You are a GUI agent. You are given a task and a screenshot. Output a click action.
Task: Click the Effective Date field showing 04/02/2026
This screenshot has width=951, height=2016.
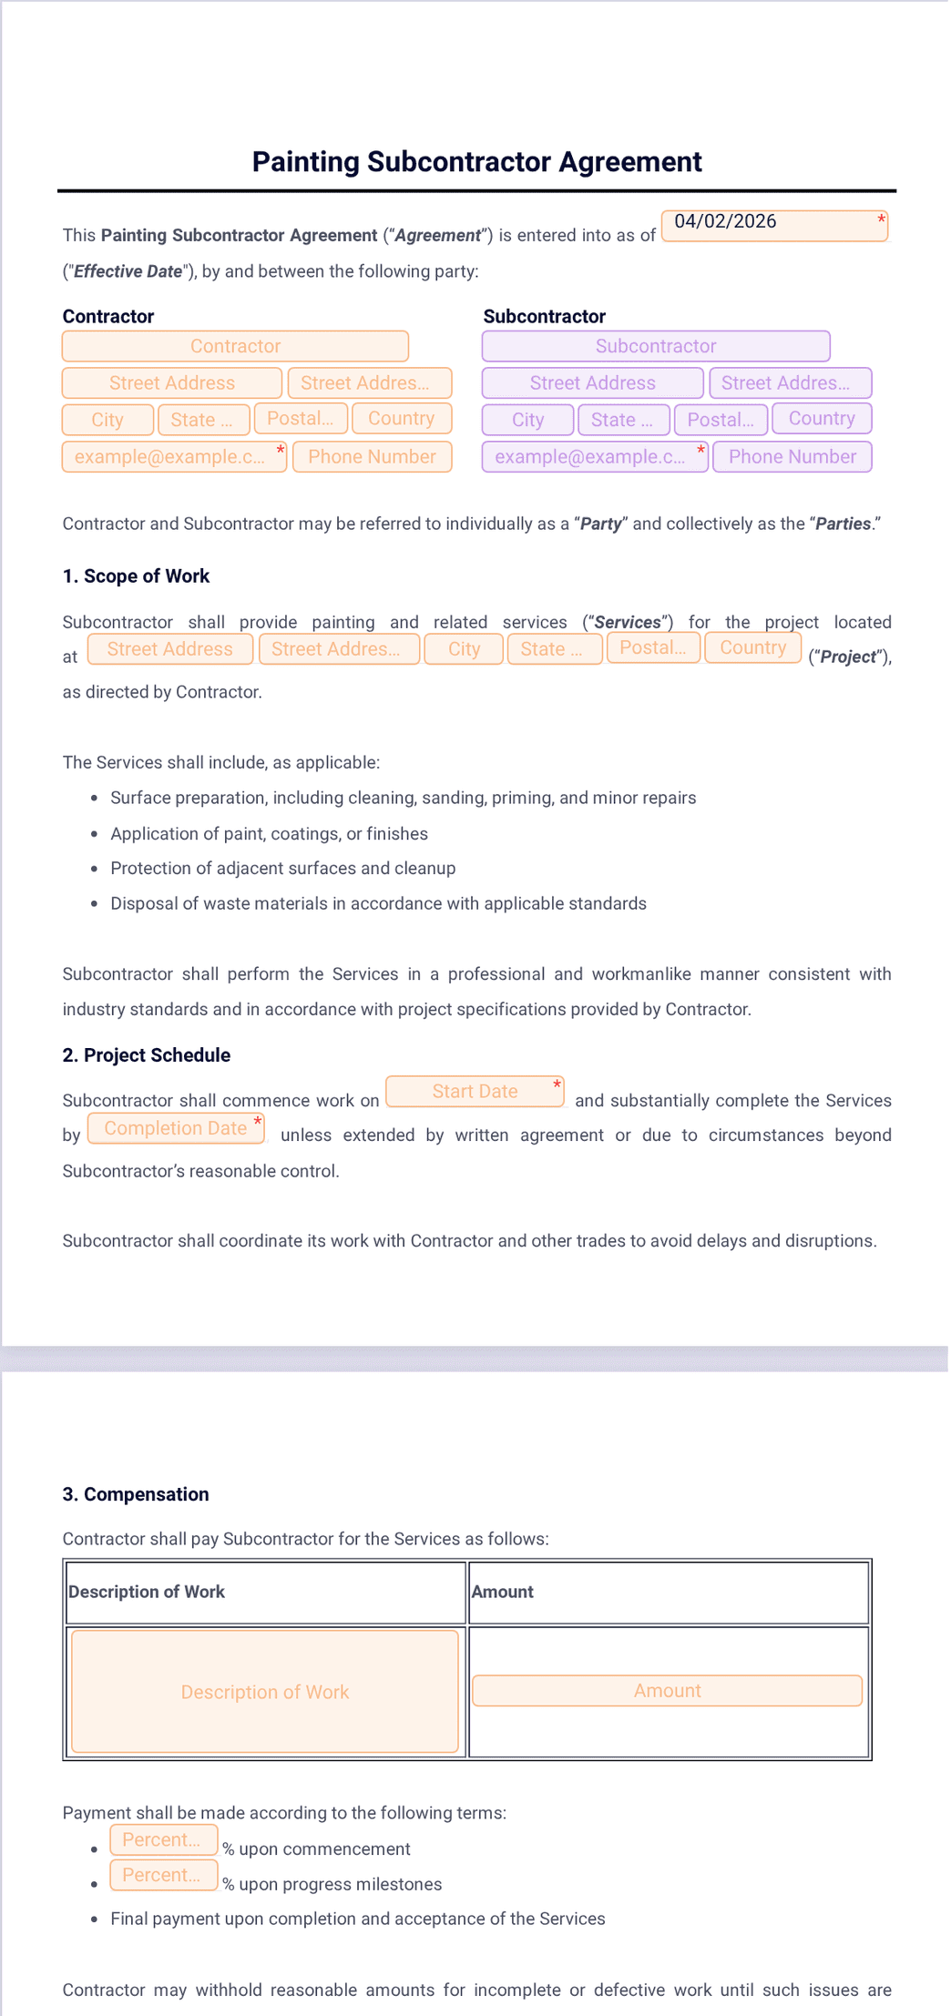tap(773, 225)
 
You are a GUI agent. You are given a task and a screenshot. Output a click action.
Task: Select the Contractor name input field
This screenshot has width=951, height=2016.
tap(235, 346)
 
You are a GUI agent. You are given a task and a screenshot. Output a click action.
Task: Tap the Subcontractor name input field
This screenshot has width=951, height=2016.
tap(655, 346)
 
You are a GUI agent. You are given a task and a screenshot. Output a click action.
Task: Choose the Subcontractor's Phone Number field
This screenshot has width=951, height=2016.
tap(792, 456)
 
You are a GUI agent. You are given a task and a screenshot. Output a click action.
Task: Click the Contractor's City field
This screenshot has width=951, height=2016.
tap(107, 420)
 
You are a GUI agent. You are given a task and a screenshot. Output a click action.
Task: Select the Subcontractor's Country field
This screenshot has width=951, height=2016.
tap(821, 418)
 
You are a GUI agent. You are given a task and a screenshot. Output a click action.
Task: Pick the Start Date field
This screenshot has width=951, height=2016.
tap(475, 1091)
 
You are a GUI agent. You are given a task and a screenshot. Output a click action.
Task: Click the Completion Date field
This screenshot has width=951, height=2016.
tap(176, 1128)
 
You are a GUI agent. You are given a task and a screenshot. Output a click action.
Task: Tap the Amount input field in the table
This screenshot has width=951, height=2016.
tap(667, 1690)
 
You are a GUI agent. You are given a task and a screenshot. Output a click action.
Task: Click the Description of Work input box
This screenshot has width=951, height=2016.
tap(264, 1691)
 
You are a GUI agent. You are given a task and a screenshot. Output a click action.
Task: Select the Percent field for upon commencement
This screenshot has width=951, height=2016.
tap(163, 1839)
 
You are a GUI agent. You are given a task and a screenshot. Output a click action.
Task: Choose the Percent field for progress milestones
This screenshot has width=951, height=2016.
tap(163, 1875)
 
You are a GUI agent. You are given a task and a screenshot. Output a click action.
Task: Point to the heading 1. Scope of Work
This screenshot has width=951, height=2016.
tap(136, 575)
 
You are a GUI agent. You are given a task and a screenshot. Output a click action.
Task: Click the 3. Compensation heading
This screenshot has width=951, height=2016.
tap(136, 1493)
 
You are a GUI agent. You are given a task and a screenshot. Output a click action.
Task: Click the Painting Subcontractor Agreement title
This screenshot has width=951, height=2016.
tap(476, 161)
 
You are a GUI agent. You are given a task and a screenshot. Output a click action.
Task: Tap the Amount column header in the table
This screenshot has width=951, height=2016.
tap(503, 1591)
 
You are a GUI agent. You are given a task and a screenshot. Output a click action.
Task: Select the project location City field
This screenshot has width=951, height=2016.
tap(464, 648)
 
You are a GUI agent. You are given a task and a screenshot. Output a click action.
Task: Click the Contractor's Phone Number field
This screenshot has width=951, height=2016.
tap(372, 456)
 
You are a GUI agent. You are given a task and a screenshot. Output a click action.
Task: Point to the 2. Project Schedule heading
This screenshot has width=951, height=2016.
tap(146, 1054)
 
